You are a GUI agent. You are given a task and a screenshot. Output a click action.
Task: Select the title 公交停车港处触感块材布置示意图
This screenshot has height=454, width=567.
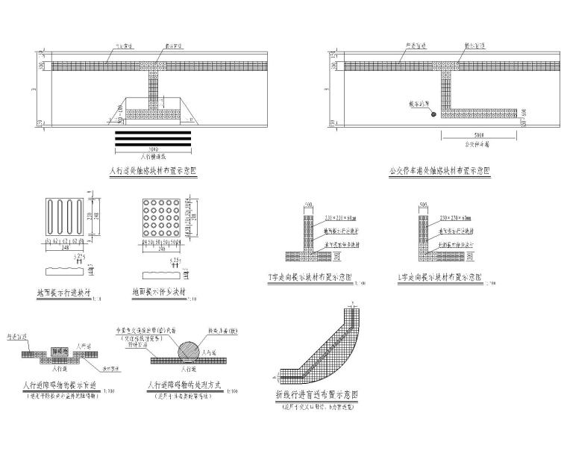pos(440,170)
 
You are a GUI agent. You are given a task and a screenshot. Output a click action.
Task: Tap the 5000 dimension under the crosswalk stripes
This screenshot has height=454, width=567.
pos(153,149)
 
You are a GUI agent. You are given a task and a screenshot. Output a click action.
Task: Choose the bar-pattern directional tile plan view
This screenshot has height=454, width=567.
pos(64,218)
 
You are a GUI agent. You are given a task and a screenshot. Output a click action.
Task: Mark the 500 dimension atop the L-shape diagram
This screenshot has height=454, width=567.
pos(424,204)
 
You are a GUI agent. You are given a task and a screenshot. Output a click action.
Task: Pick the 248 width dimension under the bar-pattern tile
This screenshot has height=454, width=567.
pos(64,249)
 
